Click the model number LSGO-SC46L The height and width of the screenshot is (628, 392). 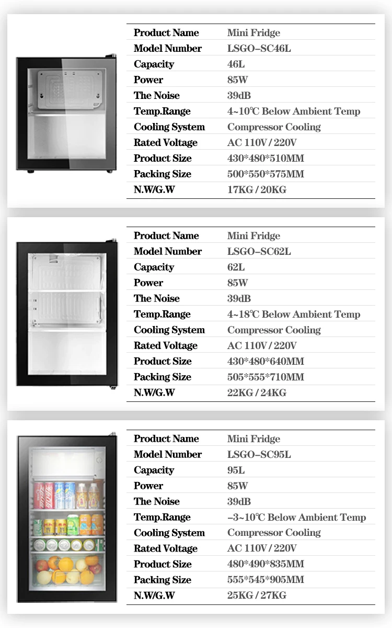point(259,49)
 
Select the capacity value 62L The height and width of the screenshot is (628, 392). point(236,267)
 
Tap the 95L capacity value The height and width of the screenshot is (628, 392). point(236,470)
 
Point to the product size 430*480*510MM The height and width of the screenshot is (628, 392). point(265,159)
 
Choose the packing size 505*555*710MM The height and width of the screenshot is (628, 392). point(265,377)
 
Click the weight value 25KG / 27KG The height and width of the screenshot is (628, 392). point(257,596)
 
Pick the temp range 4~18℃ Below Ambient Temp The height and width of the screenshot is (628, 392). point(293,315)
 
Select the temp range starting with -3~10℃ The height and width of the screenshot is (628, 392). point(296,518)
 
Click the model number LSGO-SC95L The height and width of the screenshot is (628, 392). point(259,455)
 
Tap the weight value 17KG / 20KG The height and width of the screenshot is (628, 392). point(257,190)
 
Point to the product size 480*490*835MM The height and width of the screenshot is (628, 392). point(265,564)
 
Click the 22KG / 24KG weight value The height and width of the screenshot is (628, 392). point(257,393)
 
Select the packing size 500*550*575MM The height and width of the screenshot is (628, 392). point(265,174)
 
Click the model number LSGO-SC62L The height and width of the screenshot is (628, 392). point(259,252)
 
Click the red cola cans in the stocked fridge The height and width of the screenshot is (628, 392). point(44,495)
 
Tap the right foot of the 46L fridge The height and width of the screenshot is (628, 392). point(109,171)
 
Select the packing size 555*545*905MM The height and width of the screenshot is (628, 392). point(265,580)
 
